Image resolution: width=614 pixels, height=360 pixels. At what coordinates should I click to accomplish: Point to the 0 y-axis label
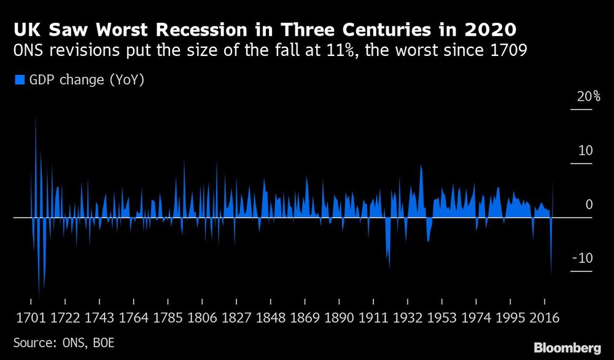tap(589, 205)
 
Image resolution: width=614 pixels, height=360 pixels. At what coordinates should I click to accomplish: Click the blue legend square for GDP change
tap(18, 79)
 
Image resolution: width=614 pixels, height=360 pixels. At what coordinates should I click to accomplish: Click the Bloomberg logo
tap(565, 347)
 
